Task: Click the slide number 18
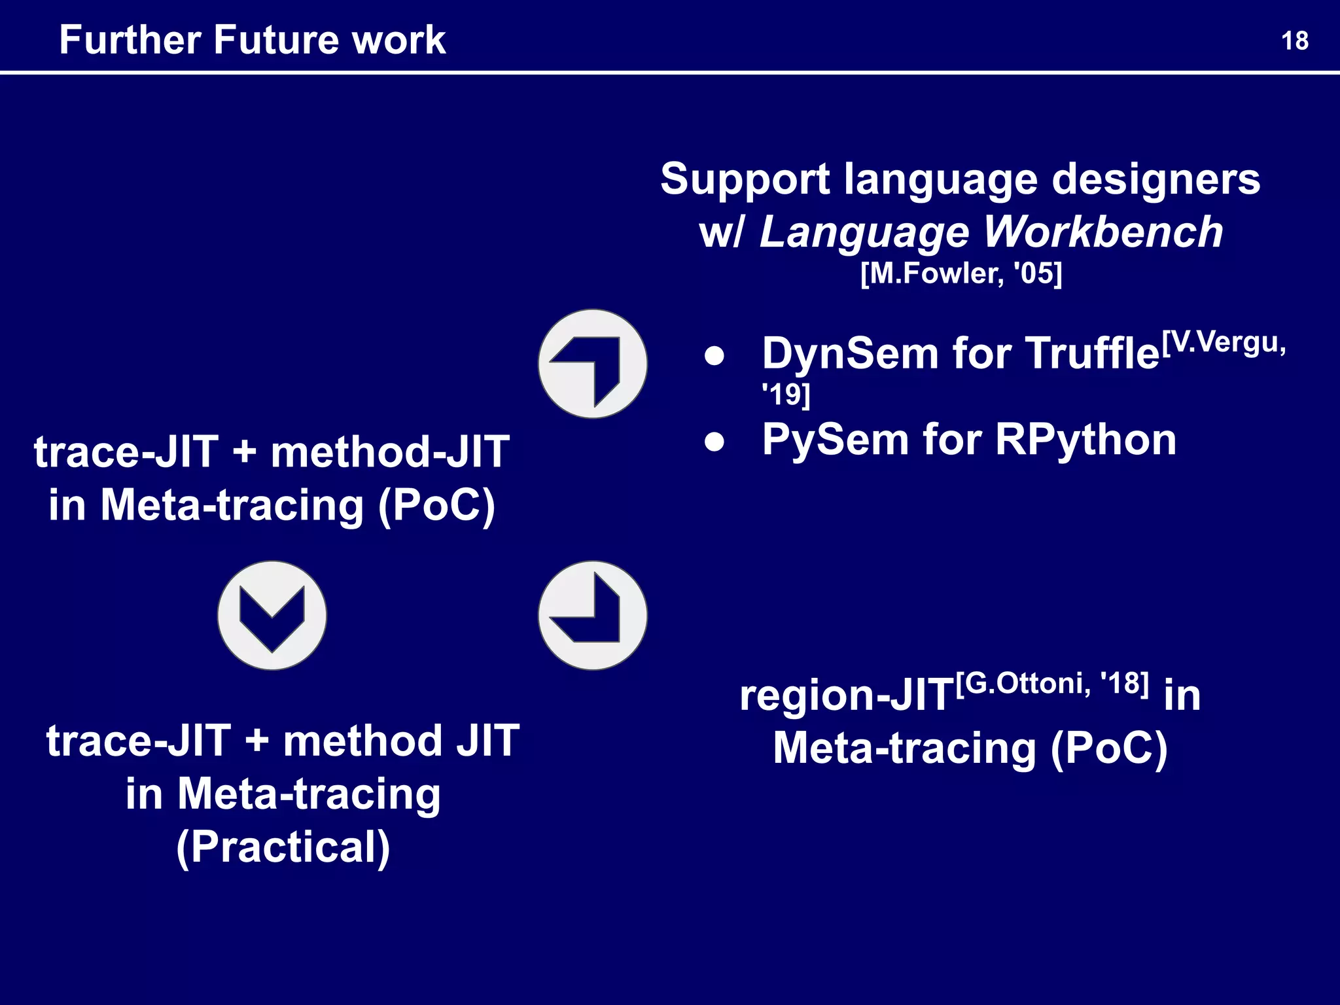tap(1294, 41)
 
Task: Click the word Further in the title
tap(130, 40)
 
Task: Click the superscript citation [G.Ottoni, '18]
tap(1052, 684)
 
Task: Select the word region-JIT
tap(846, 695)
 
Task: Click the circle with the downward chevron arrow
tap(272, 615)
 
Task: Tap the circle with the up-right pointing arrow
tap(593, 364)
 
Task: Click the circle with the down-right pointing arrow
tap(593, 615)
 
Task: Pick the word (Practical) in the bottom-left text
tap(283, 847)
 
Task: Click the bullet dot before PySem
tap(714, 442)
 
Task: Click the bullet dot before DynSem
tap(714, 356)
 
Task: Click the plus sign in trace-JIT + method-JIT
tap(244, 451)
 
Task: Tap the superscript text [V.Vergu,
tap(1223, 342)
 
